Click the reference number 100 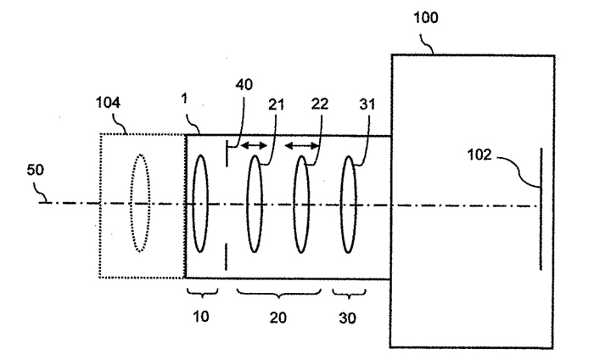(425, 18)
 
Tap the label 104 (108, 103)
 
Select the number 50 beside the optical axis (36, 170)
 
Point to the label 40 (244, 85)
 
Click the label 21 (276, 104)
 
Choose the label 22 (320, 104)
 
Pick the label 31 (367, 104)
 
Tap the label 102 (479, 155)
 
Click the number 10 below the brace (201, 317)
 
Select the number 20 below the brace (278, 318)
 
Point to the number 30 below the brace (347, 318)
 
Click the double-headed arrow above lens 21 (254, 145)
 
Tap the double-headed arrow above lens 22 (302, 145)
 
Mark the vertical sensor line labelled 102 (541, 209)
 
